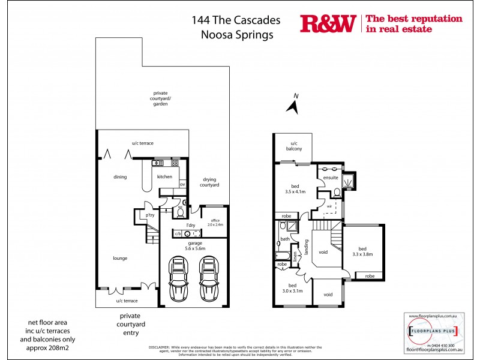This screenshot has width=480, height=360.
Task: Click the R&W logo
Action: [x=328, y=23]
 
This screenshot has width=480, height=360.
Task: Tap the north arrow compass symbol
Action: [x=293, y=106]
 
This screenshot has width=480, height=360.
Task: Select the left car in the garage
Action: [x=179, y=278]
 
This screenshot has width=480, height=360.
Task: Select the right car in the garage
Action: [x=208, y=278]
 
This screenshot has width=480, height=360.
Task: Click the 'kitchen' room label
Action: [x=164, y=177]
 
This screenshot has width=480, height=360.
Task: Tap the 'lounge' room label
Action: [x=119, y=258]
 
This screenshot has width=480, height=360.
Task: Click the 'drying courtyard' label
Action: [x=209, y=182]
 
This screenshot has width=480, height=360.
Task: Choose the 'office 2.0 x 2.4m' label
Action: [x=215, y=222]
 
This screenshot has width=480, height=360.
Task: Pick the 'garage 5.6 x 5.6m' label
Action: [x=194, y=245]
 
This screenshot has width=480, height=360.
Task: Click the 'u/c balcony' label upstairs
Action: [x=295, y=146]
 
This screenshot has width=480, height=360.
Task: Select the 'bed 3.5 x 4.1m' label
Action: [x=295, y=189]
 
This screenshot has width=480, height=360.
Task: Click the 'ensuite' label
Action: [x=331, y=178]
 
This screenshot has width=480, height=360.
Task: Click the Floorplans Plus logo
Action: [x=433, y=331]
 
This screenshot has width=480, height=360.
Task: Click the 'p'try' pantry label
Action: [x=143, y=215]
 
